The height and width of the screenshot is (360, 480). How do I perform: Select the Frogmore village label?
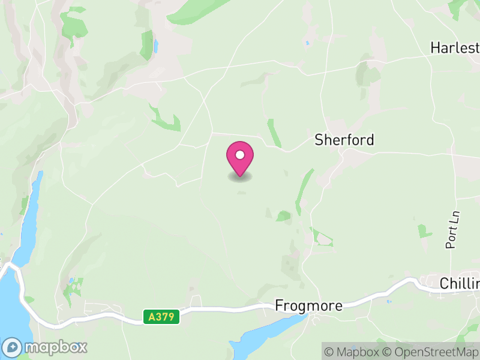[x=308, y=305]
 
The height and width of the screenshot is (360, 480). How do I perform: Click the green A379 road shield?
[x=162, y=316]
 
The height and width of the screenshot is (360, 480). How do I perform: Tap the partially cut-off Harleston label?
[x=455, y=47]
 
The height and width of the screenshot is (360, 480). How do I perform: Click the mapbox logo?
[x=46, y=347]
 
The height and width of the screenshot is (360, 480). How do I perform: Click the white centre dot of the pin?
[x=240, y=155]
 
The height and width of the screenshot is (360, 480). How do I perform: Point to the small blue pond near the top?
[x=156, y=46]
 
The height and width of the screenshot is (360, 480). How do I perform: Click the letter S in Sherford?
[x=319, y=140]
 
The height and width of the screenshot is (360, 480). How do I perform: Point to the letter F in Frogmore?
[x=279, y=305]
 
